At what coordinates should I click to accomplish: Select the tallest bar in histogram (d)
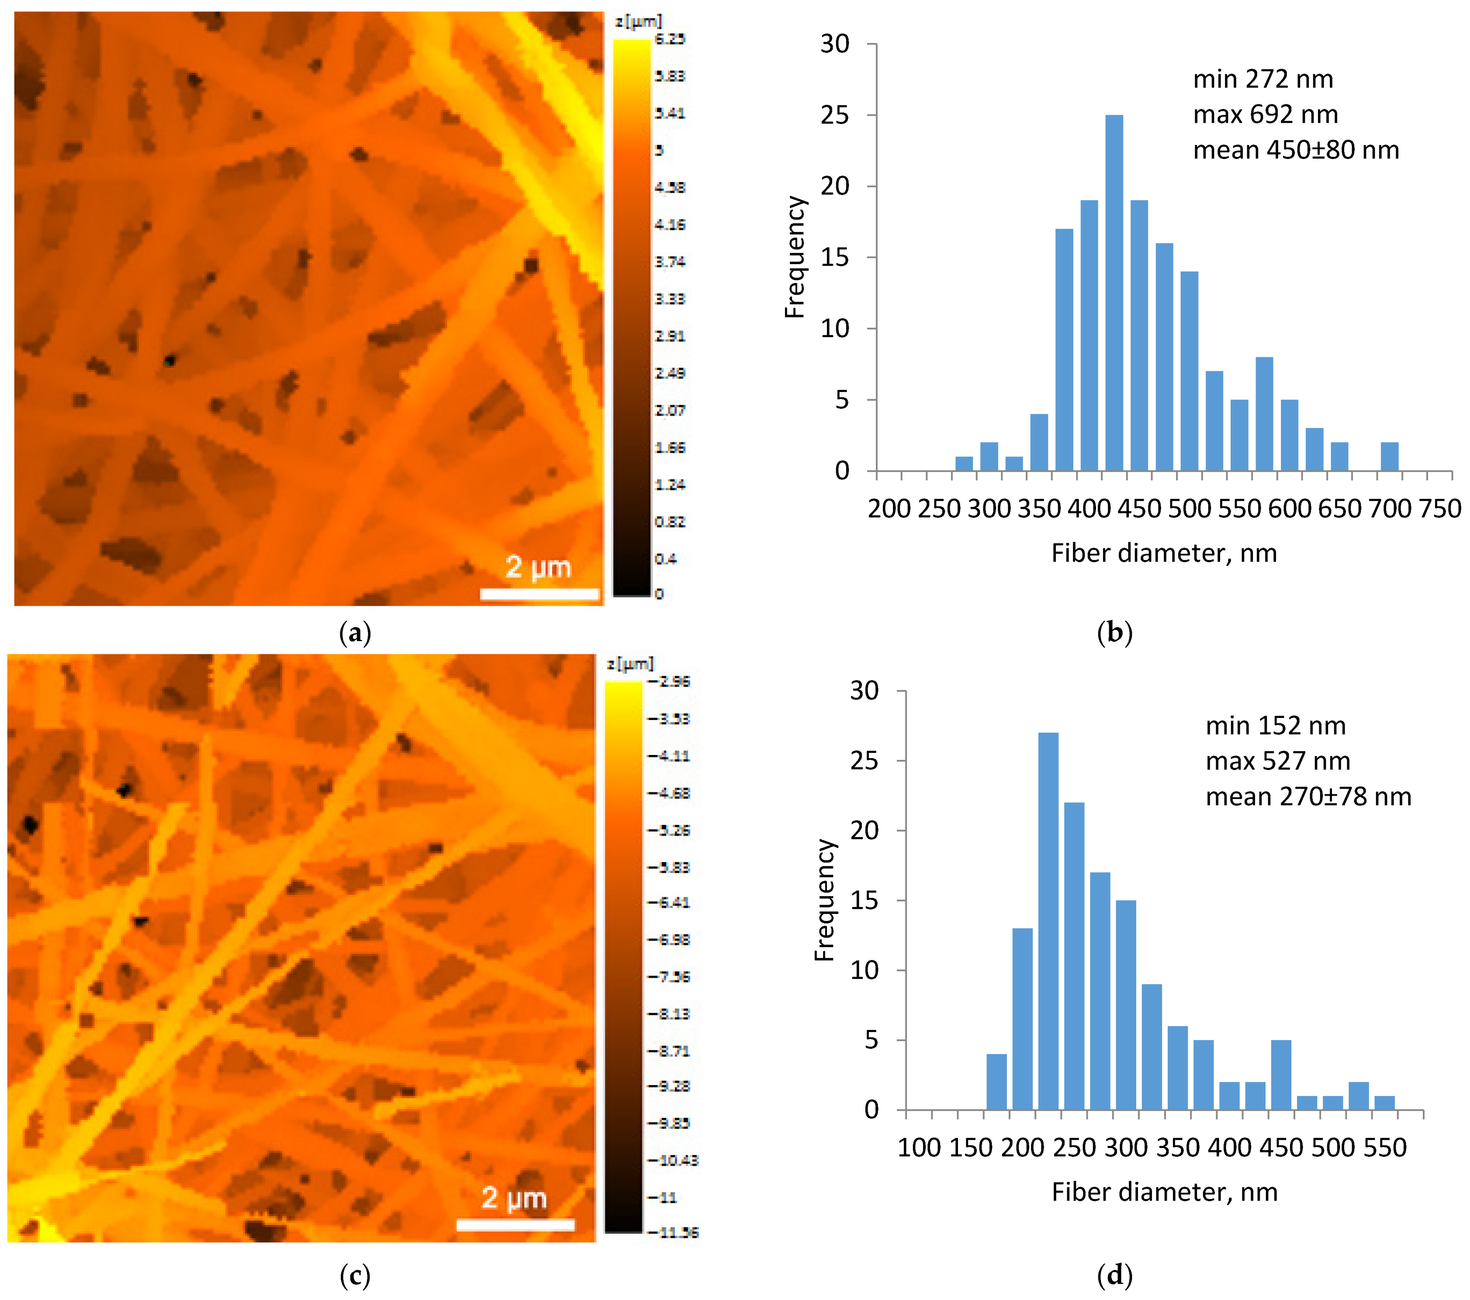pos(1048,921)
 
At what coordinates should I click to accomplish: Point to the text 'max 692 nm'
pos(1265,114)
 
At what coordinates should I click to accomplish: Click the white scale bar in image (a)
pos(539,594)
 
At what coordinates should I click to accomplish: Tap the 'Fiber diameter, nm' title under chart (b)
pos(1164,553)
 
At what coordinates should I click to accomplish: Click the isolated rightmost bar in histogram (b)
pos(1390,457)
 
